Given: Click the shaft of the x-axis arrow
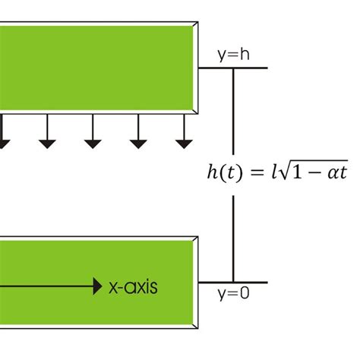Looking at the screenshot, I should (x=46, y=286).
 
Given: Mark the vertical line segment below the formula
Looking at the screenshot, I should (x=233, y=235).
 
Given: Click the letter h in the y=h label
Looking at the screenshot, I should (x=243, y=55).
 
